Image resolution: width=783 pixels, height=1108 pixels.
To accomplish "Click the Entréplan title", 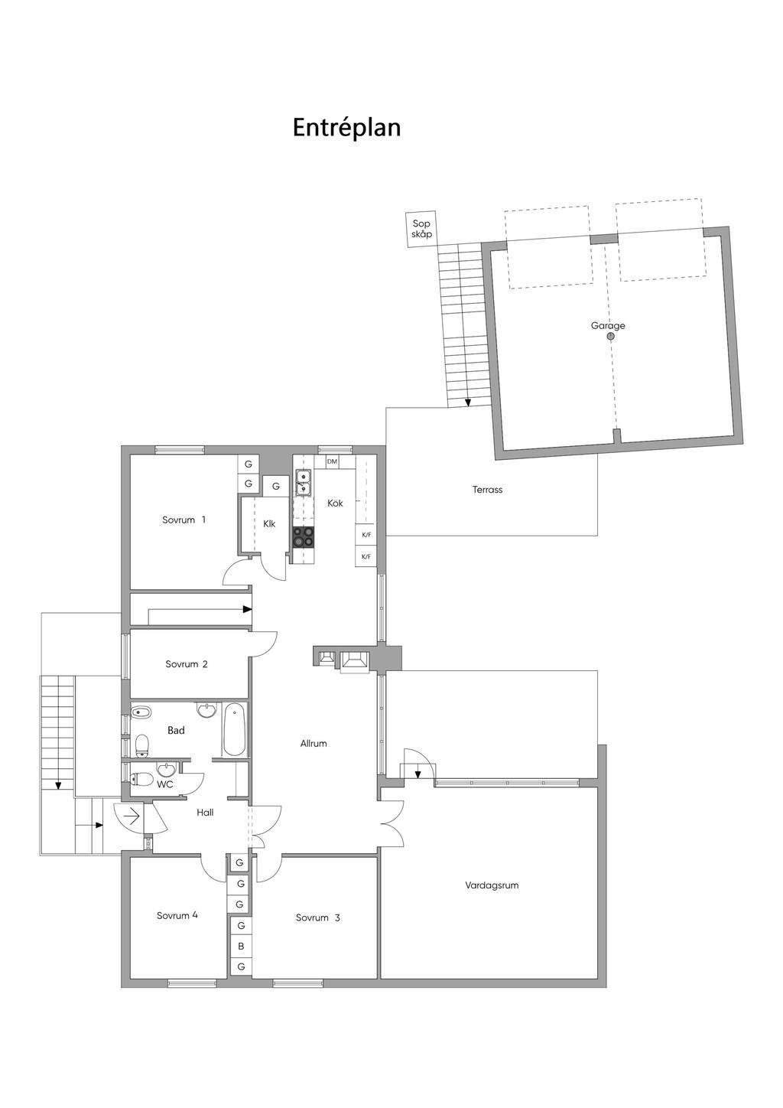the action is [346, 128].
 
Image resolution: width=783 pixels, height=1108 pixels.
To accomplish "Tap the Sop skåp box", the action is [421, 230].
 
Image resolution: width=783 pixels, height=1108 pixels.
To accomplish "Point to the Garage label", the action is [608, 325].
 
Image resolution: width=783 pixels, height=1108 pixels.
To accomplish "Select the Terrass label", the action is [487, 490].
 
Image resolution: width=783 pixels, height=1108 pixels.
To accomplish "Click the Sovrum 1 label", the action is [184, 520].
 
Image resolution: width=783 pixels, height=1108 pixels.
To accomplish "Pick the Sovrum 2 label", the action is [187, 664].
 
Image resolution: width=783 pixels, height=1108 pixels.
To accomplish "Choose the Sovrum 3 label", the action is [318, 917].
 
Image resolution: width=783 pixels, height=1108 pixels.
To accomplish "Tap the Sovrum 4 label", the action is [177, 915].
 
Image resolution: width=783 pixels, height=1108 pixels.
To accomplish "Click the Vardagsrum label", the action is [492, 885].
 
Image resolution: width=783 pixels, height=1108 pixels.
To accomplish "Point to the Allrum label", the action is [314, 743].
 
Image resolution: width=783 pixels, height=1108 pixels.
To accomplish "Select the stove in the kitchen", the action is [303, 536].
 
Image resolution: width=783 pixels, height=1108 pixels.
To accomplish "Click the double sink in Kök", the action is [303, 483].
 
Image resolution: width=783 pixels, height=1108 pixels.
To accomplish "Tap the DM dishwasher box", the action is [332, 461].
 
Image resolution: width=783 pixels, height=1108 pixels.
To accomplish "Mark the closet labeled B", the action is [241, 947].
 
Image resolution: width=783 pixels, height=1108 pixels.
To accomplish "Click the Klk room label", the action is [269, 524].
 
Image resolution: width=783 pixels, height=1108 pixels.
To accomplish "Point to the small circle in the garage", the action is [611, 337].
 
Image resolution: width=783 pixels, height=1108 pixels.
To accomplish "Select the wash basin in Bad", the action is [206, 710].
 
